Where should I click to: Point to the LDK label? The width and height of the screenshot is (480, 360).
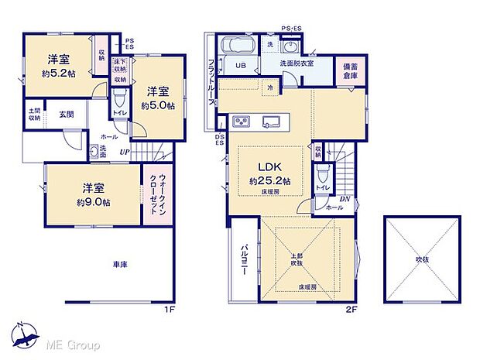[270, 166]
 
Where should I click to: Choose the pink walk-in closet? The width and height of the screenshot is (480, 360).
[156, 197]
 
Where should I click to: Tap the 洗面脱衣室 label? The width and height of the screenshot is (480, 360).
[297, 63]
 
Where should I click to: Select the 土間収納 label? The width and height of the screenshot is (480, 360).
[34, 115]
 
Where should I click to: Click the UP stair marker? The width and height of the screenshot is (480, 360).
[124, 152]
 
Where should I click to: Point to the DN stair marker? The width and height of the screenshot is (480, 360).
[345, 200]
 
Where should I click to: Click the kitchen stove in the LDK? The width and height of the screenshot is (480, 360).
[240, 122]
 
